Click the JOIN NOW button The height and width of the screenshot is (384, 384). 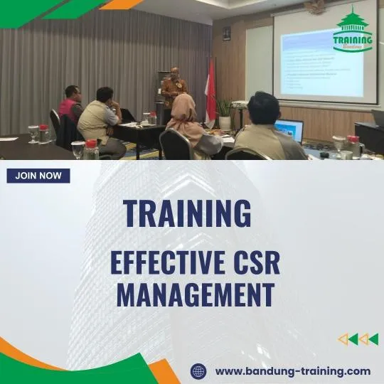(x=38, y=176)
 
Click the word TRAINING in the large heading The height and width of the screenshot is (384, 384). (x=187, y=213)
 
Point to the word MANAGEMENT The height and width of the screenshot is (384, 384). (x=196, y=294)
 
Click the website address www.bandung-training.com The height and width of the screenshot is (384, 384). (x=292, y=370)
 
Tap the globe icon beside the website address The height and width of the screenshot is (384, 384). (x=198, y=370)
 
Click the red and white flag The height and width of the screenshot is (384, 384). (x=210, y=89)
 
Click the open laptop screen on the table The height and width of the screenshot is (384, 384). (x=289, y=131)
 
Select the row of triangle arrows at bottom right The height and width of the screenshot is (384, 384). (x=358, y=339)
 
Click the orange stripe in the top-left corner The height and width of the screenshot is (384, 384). (x=121, y=4)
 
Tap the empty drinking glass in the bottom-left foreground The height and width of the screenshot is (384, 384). (x=78, y=149)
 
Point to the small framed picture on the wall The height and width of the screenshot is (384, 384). (x=226, y=33)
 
